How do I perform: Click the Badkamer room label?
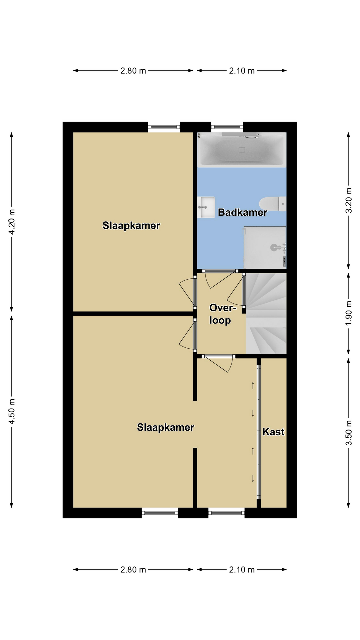[x=242, y=212]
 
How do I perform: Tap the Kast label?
[x=273, y=432]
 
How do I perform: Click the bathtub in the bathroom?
[x=242, y=150]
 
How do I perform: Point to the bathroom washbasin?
[x=206, y=207]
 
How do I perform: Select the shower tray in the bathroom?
[x=265, y=247]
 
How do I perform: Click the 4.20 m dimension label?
[x=12, y=222]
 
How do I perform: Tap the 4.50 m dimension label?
[x=12, y=411]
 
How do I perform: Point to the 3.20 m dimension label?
[x=348, y=200]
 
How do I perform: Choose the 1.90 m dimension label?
[x=348, y=313]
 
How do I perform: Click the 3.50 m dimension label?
[x=348, y=433]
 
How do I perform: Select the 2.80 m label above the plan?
[x=133, y=71]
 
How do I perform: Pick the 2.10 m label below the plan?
[x=242, y=570]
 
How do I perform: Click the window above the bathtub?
[x=227, y=127]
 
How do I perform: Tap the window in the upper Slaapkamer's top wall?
[x=164, y=127]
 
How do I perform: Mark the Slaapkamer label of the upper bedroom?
[x=131, y=226]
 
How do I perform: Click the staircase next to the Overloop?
[x=266, y=314]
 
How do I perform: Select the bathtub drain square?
[x=242, y=150]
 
